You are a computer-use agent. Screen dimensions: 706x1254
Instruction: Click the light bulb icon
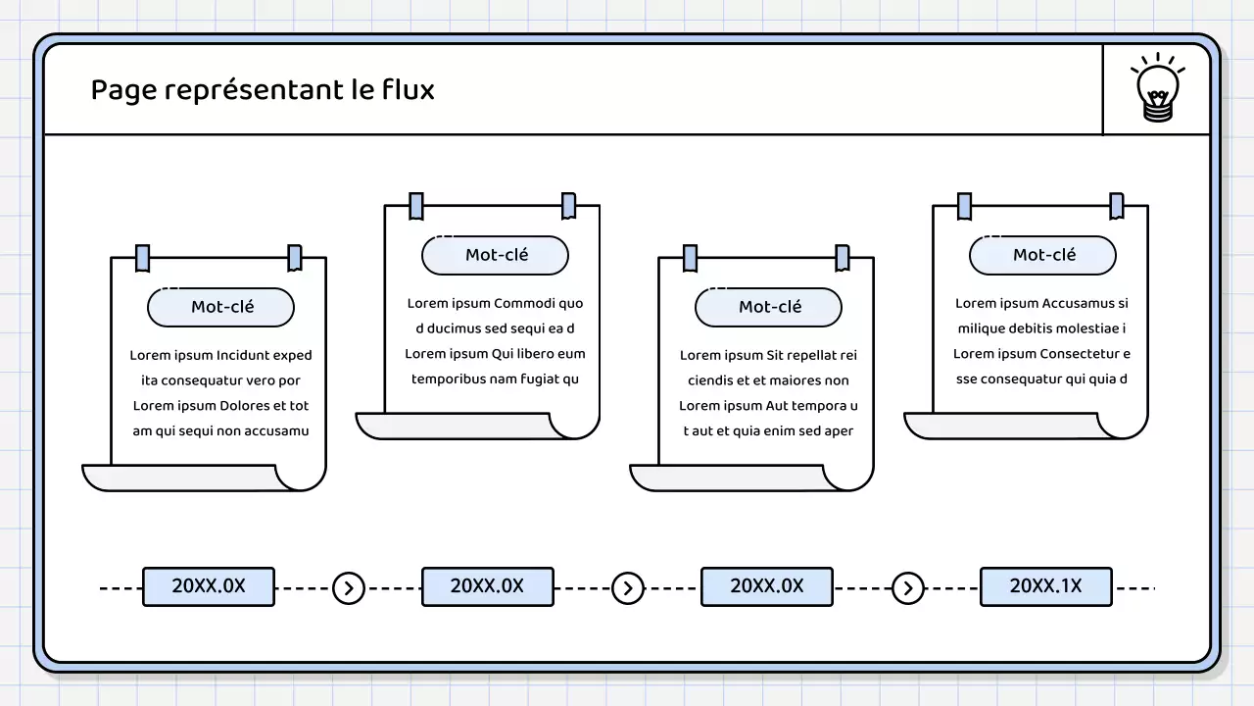(x=1157, y=89)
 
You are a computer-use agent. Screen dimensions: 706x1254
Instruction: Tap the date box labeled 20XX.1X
(x=1045, y=586)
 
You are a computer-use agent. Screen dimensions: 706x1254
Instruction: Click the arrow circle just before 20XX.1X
(x=908, y=588)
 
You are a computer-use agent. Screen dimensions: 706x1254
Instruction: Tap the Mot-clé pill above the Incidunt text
(x=221, y=307)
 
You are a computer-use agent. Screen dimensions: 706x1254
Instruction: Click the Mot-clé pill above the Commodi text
(x=496, y=255)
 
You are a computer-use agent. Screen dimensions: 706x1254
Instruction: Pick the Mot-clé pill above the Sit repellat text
(x=769, y=307)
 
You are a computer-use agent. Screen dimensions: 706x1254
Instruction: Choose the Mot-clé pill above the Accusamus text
(x=1043, y=255)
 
